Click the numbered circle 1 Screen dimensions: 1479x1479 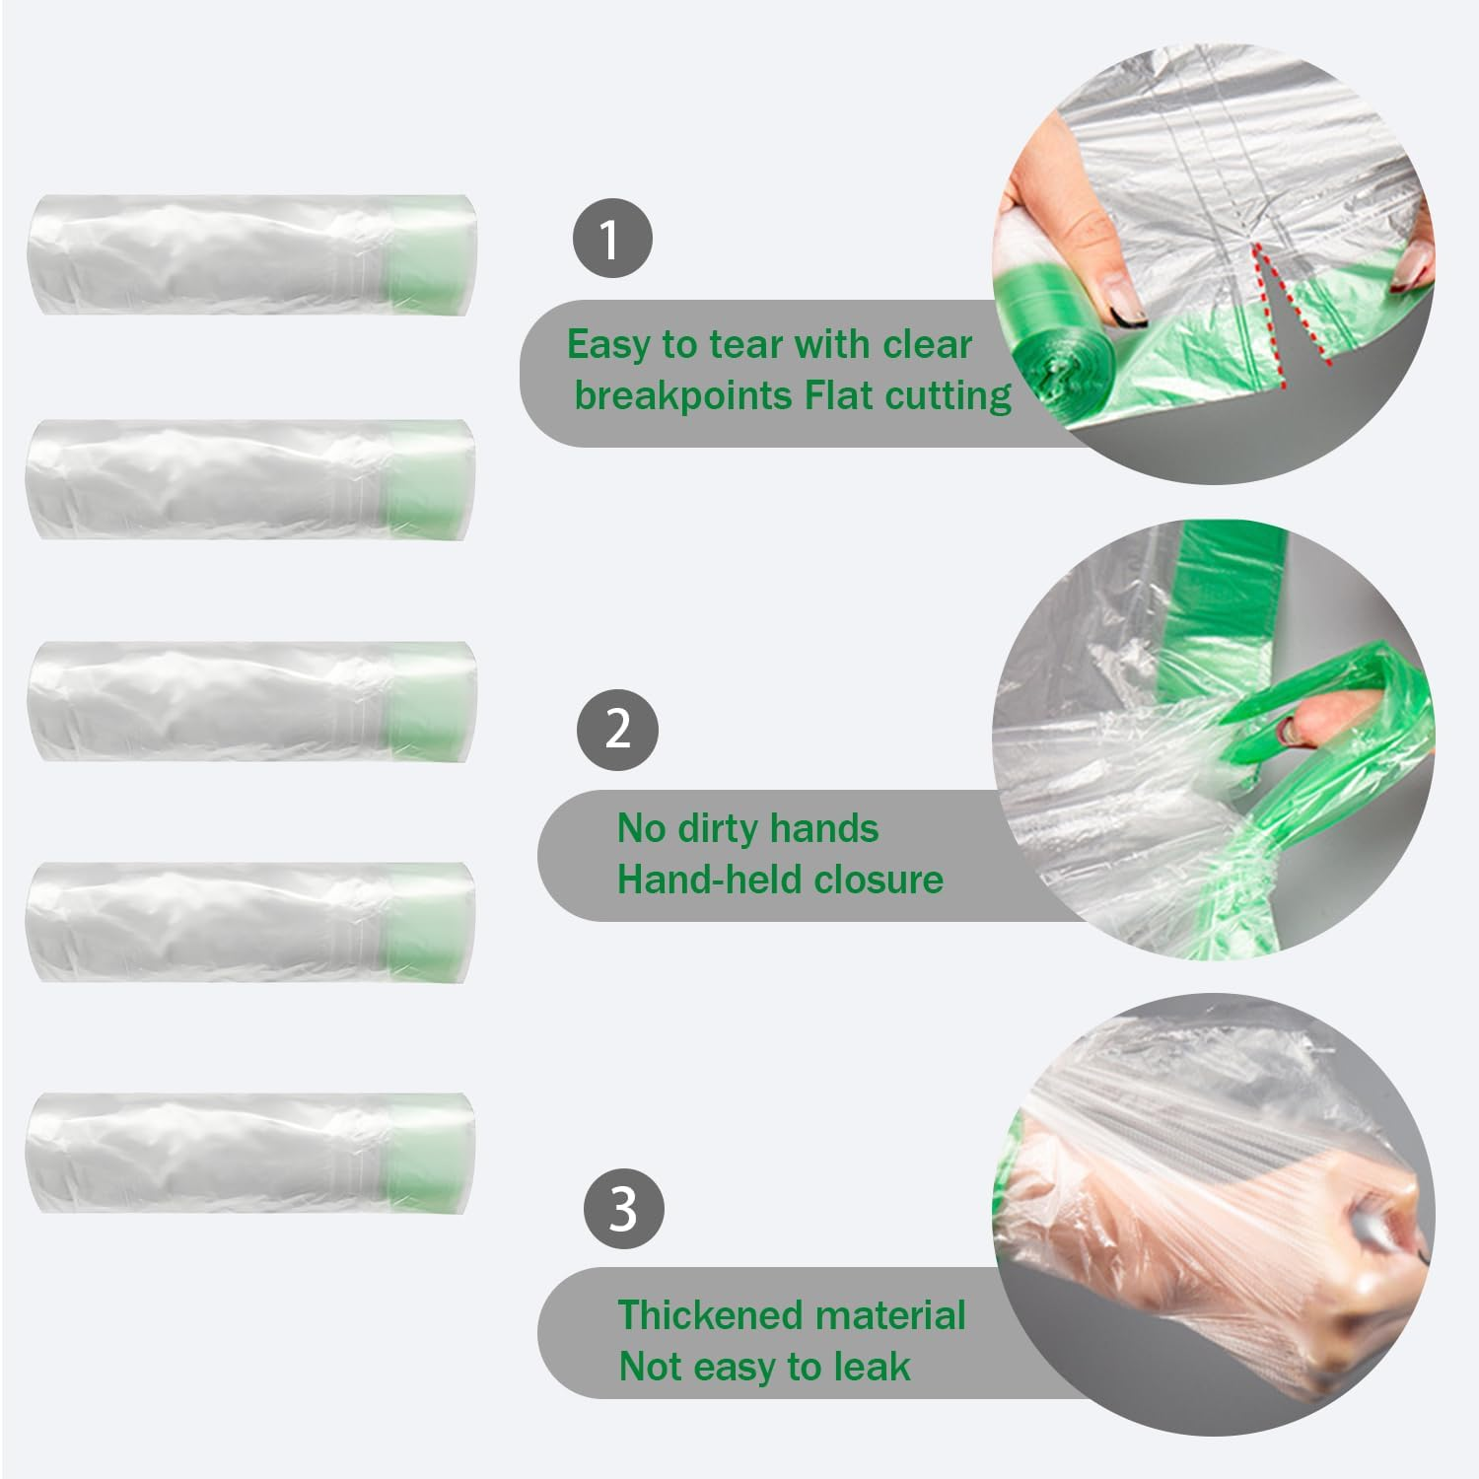click(611, 239)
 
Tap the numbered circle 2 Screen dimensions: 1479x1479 click(617, 729)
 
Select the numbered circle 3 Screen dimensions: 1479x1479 click(623, 1209)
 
